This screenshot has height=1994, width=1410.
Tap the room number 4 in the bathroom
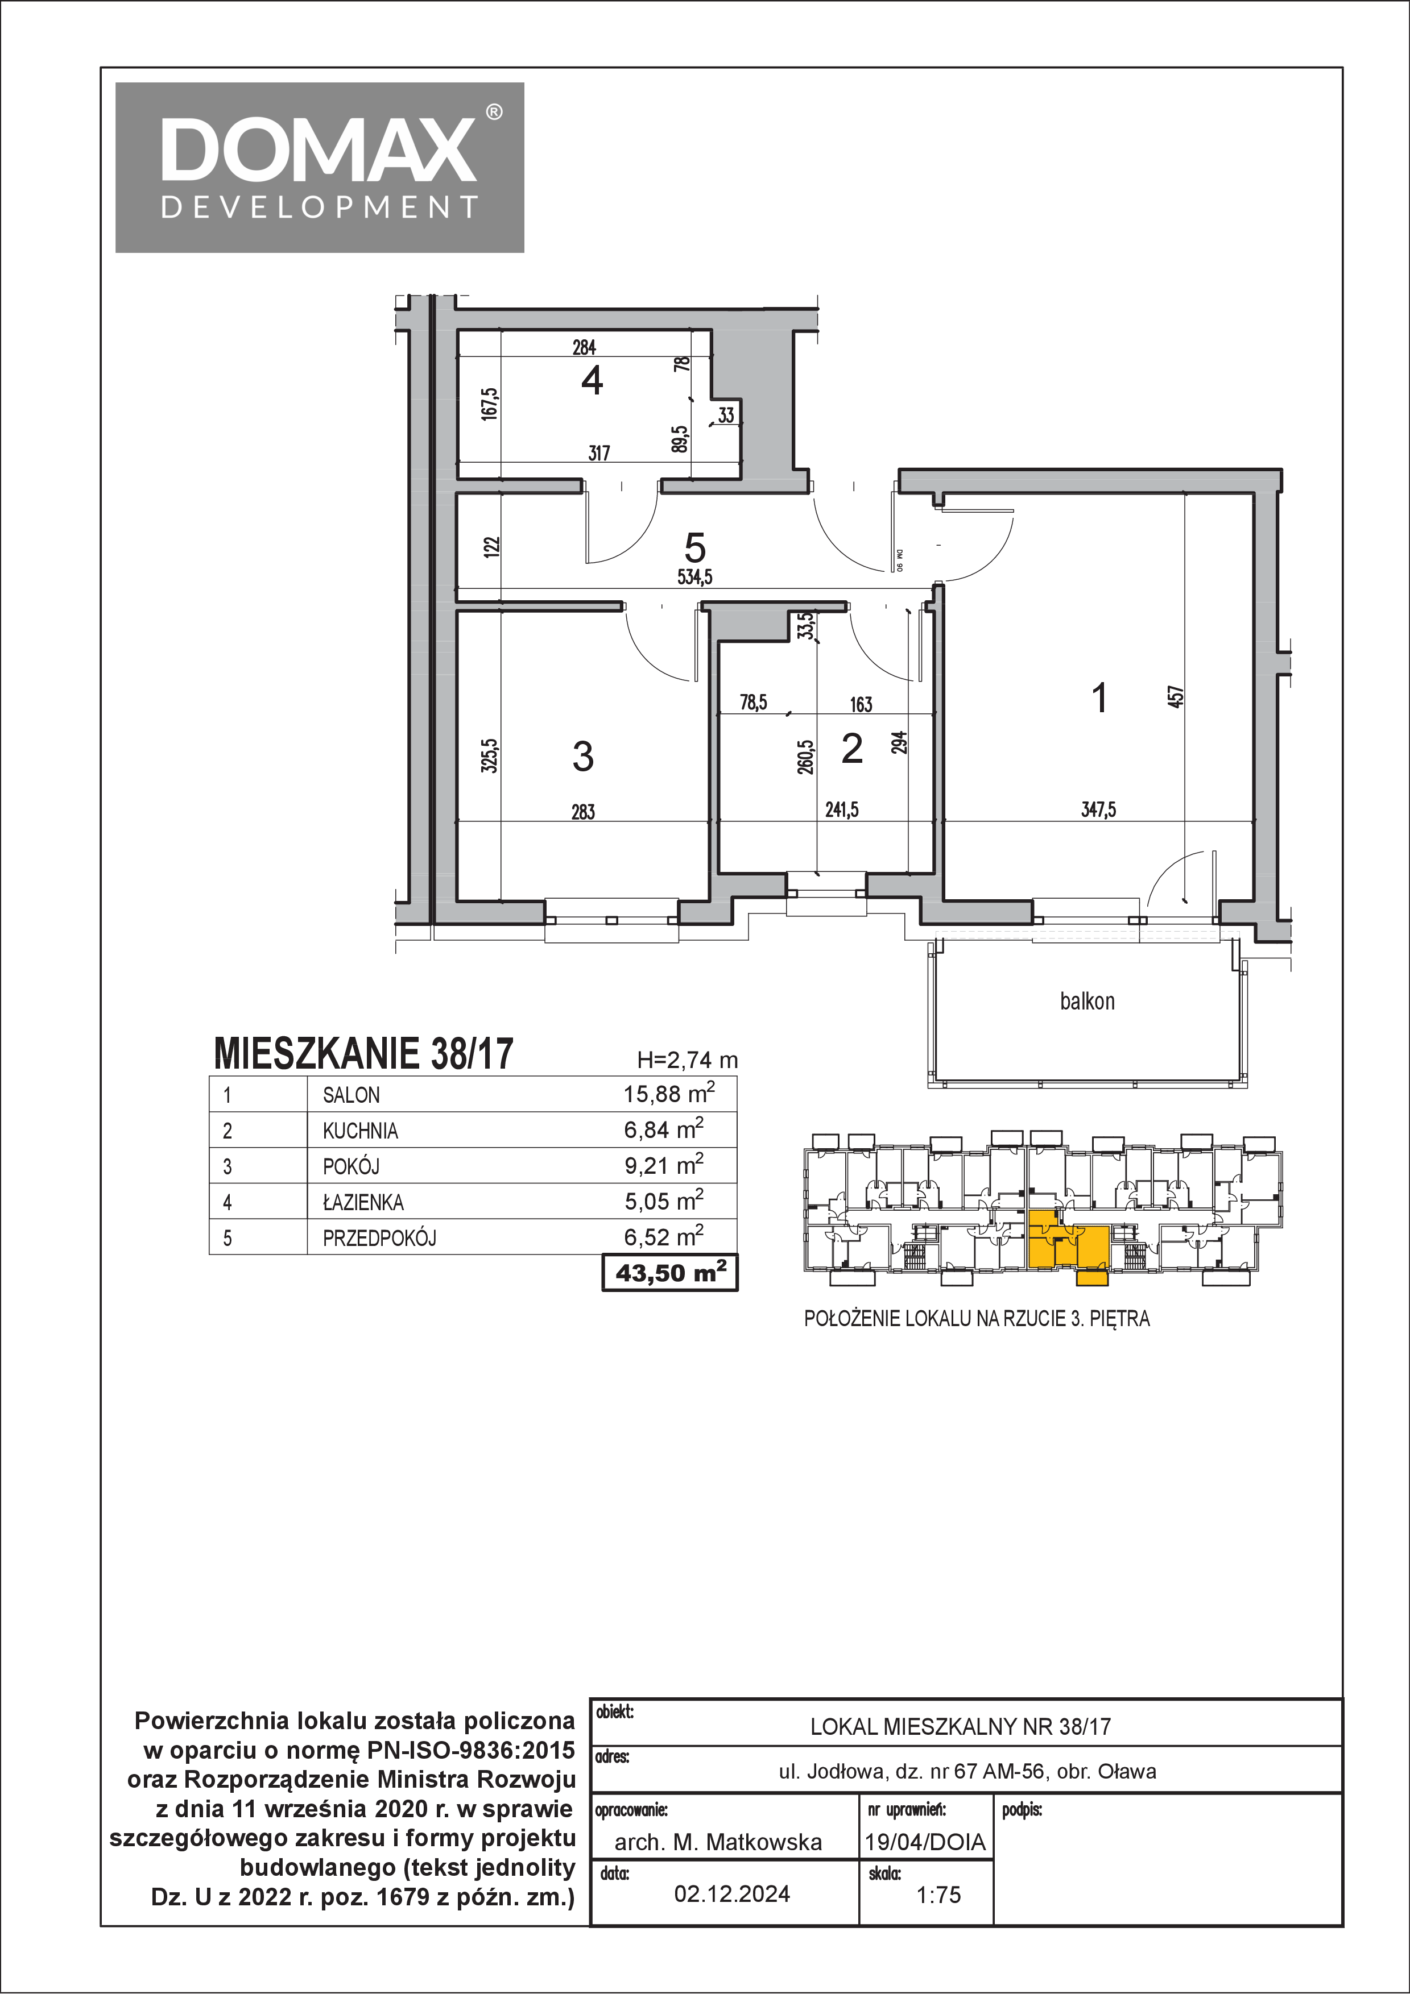click(593, 380)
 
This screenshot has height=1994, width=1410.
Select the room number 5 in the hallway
click(695, 548)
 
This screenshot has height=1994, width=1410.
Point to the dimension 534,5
click(695, 577)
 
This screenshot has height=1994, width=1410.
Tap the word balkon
click(1087, 1002)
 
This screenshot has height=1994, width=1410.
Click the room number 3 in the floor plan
click(583, 757)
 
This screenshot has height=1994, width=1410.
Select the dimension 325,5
click(490, 755)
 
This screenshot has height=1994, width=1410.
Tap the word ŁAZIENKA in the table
click(363, 1202)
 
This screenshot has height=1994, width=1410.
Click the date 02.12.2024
click(733, 1893)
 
